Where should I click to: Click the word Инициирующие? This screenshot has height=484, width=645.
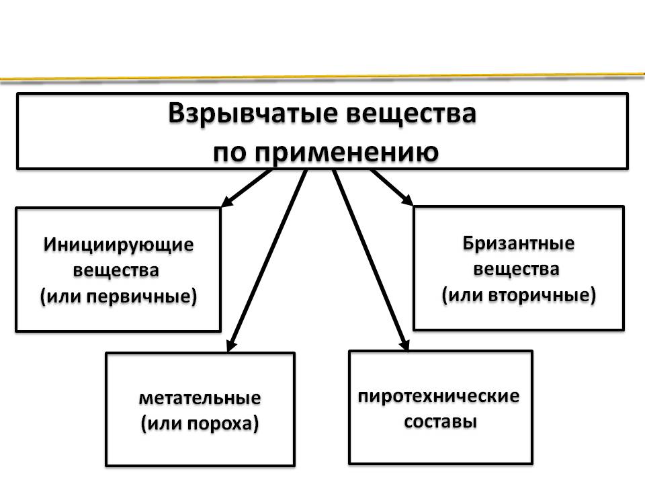119,244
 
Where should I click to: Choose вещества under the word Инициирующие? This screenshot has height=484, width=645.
117,271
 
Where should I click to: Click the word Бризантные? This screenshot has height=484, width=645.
518,243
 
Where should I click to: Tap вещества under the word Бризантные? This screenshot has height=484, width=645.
517,270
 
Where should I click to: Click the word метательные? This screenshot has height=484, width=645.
200,397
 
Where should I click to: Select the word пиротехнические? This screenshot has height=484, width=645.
439,395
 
